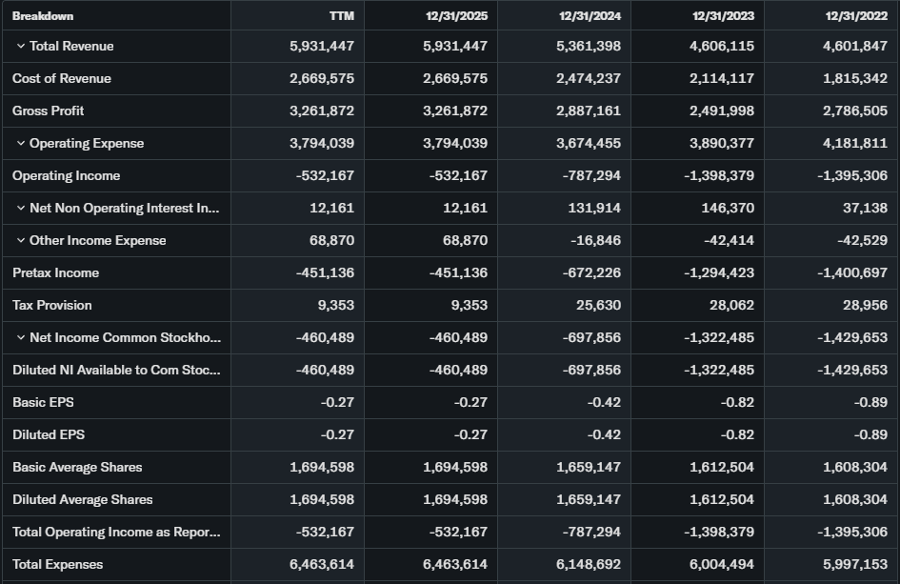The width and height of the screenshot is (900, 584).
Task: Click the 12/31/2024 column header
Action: (590, 16)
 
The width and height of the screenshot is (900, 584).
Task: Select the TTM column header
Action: (341, 16)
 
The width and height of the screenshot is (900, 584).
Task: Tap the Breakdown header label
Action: (43, 16)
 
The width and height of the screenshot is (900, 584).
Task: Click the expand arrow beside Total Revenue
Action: (20, 47)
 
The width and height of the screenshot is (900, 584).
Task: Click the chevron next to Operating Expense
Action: (20, 144)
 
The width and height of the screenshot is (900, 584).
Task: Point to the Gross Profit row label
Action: (48, 111)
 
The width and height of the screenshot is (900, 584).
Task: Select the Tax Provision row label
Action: (52, 306)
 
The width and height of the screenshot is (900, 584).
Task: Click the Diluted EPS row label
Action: (49, 435)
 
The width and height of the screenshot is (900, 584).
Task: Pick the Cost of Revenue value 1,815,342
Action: (854, 79)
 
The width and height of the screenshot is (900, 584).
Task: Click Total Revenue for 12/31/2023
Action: (721, 47)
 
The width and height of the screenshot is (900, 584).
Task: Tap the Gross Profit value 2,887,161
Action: (588, 111)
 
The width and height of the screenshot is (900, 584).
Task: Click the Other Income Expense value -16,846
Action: (595, 241)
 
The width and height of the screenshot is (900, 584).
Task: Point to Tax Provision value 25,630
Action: (599, 306)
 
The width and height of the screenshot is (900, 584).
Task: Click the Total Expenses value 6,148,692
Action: (588, 565)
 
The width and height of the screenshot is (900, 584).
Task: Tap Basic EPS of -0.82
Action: (737, 403)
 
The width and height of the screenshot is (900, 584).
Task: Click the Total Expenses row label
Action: (57, 565)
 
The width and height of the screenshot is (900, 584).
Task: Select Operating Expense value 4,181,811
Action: (854, 144)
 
